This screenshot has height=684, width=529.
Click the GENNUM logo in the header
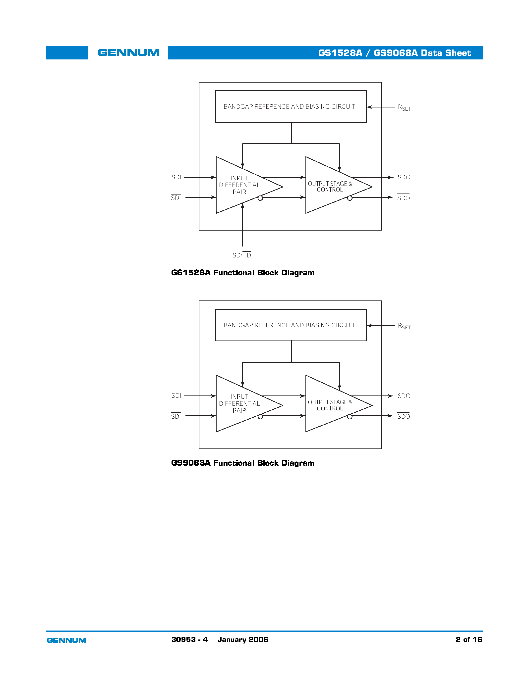[x=128, y=53]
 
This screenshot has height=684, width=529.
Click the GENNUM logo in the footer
[x=66, y=640]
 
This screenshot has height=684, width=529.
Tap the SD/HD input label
[x=242, y=255]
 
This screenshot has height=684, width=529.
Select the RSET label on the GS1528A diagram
[x=404, y=107]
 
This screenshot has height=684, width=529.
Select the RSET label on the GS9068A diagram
[x=404, y=326]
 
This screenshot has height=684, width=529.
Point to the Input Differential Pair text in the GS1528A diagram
[x=239, y=185]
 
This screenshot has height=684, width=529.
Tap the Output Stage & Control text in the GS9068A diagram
[x=330, y=405]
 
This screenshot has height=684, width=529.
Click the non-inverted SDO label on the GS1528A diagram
[x=404, y=177]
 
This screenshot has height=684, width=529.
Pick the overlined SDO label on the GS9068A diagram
[x=403, y=416]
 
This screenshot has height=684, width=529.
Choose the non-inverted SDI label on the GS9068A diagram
[x=176, y=395]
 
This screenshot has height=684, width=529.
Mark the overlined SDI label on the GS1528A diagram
[x=176, y=198]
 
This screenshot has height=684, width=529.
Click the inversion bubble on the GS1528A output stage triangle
[x=350, y=198]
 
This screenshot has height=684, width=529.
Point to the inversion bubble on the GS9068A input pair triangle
[x=260, y=417]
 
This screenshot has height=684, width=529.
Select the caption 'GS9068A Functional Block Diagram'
[x=242, y=463]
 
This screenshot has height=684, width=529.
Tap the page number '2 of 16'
[x=469, y=639]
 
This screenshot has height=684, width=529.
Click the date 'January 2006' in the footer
[x=243, y=639]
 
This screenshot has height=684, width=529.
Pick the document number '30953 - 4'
[x=189, y=639]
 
